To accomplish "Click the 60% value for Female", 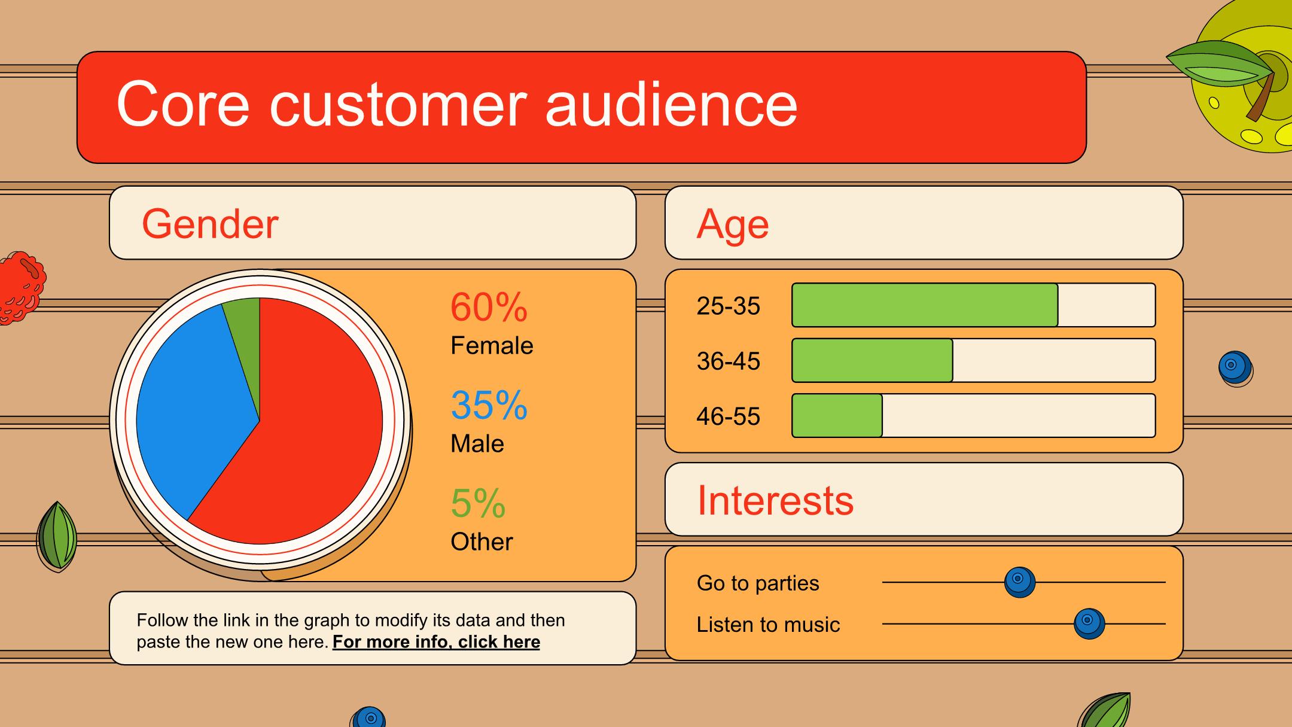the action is tap(489, 307).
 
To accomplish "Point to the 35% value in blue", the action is tap(489, 405).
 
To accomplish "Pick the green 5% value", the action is tap(478, 503).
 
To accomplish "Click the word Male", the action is tap(477, 443).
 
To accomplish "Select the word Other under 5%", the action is tap(482, 542).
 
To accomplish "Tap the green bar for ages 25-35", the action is tap(925, 305).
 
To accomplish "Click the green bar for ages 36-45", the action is tap(872, 360).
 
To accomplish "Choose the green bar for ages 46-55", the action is tap(837, 415).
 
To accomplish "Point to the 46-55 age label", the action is tap(728, 416).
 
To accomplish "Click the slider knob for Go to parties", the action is tap(1019, 582).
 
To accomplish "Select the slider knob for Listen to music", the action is tap(1089, 623).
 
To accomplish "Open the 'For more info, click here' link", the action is tap(436, 641).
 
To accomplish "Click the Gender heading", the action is tap(210, 224).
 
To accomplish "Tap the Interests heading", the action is tap(775, 500).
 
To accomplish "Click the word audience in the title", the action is tap(671, 104).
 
